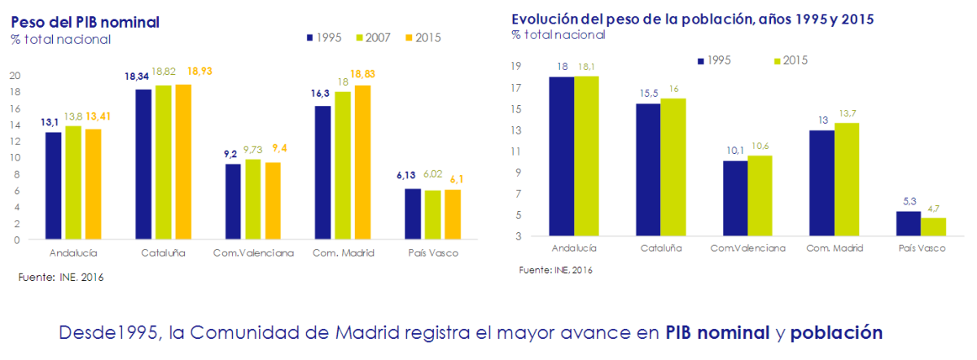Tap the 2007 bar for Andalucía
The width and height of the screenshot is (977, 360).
pos(73,183)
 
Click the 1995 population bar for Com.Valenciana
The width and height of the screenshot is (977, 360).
pos(735,199)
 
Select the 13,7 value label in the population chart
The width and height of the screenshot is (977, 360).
pos(847,113)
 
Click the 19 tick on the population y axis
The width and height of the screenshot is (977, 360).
pos(515,67)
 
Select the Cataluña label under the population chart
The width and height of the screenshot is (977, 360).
pos(660,248)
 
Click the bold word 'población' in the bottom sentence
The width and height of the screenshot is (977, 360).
pos(836,332)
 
